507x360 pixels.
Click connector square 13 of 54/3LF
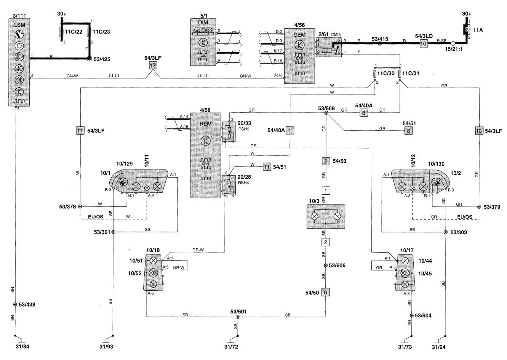pos(153,65)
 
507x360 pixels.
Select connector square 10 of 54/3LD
pos(423,44)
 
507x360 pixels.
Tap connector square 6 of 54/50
pos(326,292)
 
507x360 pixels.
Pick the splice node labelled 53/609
pos(326,113)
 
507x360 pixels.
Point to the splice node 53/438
pos(15,305)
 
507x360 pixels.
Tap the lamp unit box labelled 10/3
pos(326,216)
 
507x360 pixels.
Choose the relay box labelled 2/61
pos(329,47)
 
